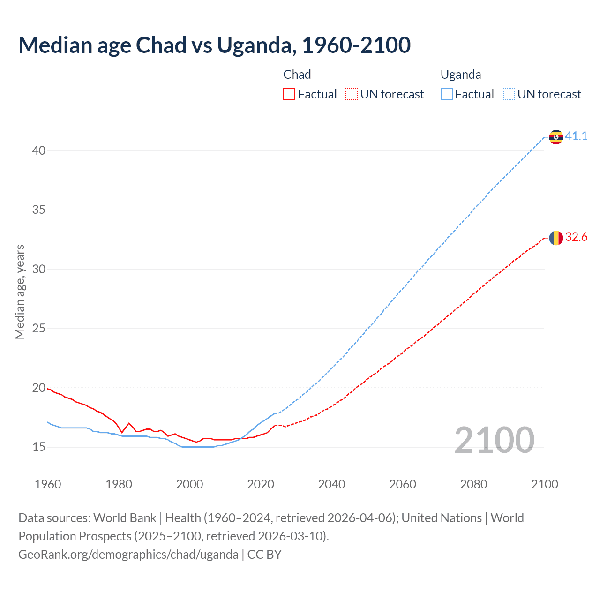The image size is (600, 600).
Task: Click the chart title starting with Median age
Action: tap(215, 45)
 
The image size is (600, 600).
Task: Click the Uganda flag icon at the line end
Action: tap(556, 137)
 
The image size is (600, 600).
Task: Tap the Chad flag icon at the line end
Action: tap(556, 238)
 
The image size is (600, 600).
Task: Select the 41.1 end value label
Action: tap(576, 136)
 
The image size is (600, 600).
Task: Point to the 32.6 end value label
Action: tap(576, 237)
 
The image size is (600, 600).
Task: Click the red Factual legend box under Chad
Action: tap(289, 94)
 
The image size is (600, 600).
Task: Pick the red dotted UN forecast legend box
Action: tap(352, 94)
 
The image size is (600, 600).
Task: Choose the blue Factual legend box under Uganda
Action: tap(447, 94)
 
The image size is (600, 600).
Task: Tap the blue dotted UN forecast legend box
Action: tap(509, 94)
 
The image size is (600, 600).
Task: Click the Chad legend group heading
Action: tap(297, 75)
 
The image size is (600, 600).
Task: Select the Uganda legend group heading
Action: tap(461, 75)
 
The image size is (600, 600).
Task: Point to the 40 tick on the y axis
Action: tap(39, 150)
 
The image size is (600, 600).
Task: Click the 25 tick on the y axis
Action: tap(39, 329)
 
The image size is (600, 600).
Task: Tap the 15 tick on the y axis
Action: tap(39, 447)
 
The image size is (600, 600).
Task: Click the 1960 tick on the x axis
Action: tap(48, 484)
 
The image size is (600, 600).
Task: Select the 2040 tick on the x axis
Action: tap(331, 484)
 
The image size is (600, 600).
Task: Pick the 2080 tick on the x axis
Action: tap(473, 484)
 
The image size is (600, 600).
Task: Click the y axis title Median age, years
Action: tap(20, 292)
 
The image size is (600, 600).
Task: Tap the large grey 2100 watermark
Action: tap(494, 440)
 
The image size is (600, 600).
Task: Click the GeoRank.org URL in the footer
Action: tap(128, 555)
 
